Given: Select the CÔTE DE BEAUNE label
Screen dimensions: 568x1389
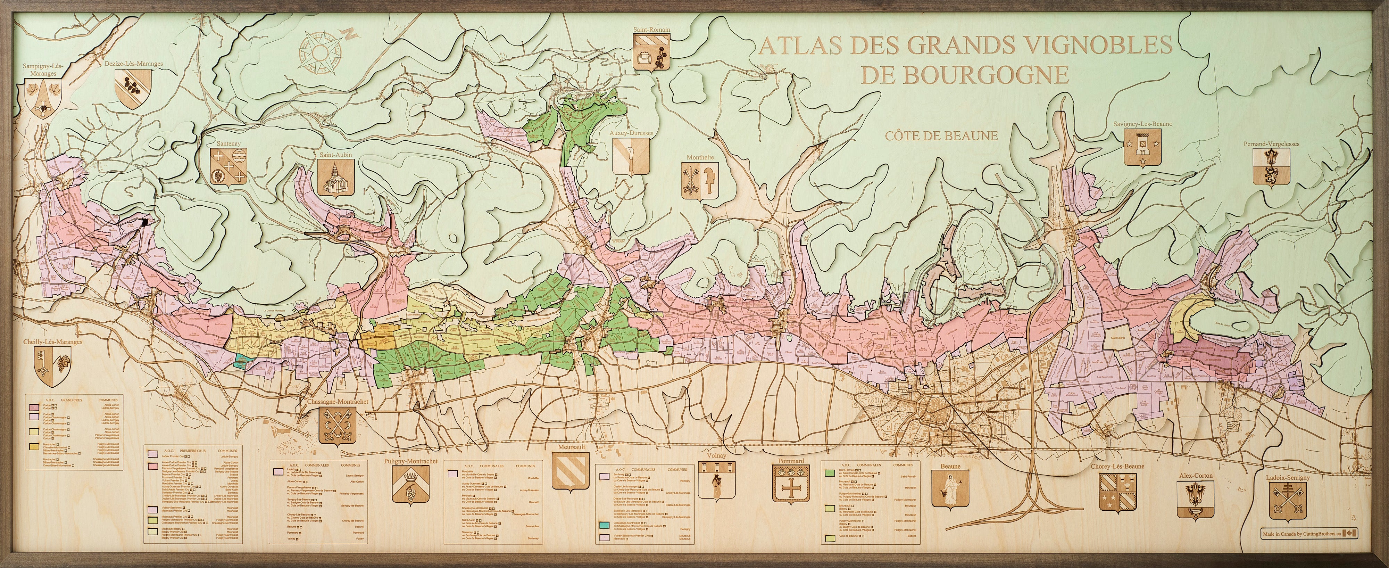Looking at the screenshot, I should point(941,136).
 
